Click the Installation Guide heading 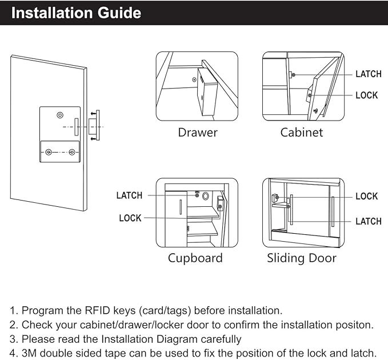[76, 13]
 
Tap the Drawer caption [197, 133]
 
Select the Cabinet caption [301, 133]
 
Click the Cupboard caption [195, 258]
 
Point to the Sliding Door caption [301, 258]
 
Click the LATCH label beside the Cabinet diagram [368, 74]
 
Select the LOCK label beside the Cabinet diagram [366, 95]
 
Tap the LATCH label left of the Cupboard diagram [129, 195]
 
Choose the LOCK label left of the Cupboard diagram [130, 218]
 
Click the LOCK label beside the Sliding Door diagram [366, 197]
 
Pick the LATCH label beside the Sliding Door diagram [368, 221]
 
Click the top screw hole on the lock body [60, 115]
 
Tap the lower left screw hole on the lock [49, 152]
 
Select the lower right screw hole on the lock [72, 152]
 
